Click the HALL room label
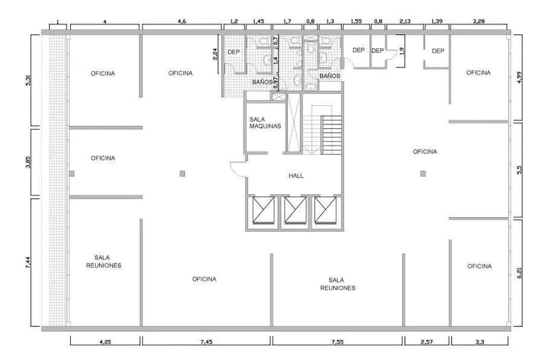pos(296,176)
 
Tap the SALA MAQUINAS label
pos(265,122)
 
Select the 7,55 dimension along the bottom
pos(338,342)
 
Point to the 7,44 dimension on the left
pos(28,263)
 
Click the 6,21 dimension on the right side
pos(520,273)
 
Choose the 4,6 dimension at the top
pos(182,21)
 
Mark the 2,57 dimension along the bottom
pos(427,342)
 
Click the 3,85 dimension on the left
pos(28,162)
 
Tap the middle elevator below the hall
pos(295,210)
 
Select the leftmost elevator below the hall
pos(264,210)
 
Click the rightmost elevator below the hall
pos(326,210)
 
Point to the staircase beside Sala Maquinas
pos(322,130)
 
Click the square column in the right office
pos(423,173)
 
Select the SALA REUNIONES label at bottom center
pos(338,284)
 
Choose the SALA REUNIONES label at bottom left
pos(103,261)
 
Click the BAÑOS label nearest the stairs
pos(330,76)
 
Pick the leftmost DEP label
pos(234,52)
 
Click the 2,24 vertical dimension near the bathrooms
pos(215,54)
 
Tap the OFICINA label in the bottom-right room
pos(479,266)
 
